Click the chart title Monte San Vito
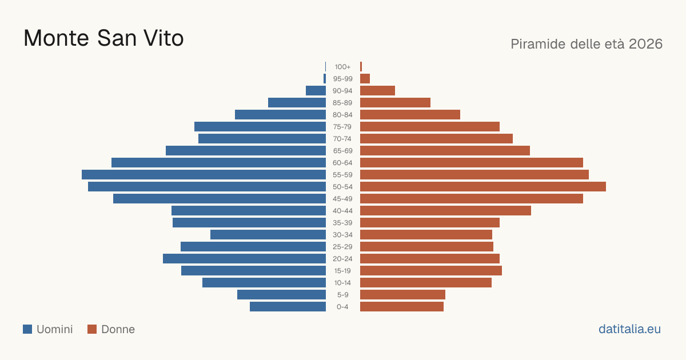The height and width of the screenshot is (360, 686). click(103, 38)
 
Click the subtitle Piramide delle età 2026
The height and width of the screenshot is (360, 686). click(587, 44)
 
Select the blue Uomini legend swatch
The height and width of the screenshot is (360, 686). click(27, 329)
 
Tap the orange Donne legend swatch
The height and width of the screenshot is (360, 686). click(92, 329)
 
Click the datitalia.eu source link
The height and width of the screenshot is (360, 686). click(629, 329)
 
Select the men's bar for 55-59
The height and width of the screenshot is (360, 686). click(204, 175)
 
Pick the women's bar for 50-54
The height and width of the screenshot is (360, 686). click(483, 187)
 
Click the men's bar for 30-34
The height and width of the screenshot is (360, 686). click(268, 235)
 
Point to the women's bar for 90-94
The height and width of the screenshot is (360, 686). click(378, 91)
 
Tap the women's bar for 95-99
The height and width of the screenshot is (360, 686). click(365, 79)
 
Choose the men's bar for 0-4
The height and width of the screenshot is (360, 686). click(288, 307)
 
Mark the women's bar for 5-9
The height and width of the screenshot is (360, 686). click(402, 295)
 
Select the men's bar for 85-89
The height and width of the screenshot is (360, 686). click(297, 103)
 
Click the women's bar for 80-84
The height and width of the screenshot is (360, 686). click(410, 115)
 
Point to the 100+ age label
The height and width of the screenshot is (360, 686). click(342, 67)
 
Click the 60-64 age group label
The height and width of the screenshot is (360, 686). click(342, 163)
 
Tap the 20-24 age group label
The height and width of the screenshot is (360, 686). click(342, 259)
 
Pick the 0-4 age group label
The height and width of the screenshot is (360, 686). click(342, 307)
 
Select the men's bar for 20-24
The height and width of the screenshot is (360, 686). click(245, 259)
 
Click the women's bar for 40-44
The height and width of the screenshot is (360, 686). click(445, 211)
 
